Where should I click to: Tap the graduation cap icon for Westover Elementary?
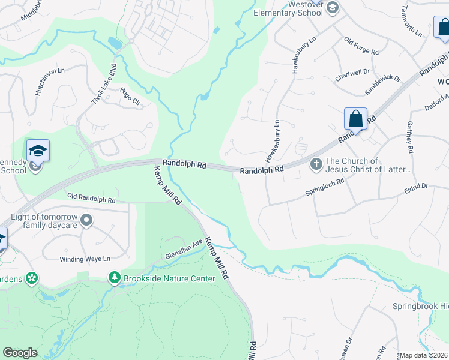[333, 8]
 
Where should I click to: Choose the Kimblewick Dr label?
[382, 85]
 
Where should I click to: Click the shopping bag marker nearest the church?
[355, 119]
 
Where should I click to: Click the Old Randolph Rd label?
[91, 197]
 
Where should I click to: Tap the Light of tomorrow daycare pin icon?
[87, 221]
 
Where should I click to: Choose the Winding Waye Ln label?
[85, 259]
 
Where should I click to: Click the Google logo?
[20, 353]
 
